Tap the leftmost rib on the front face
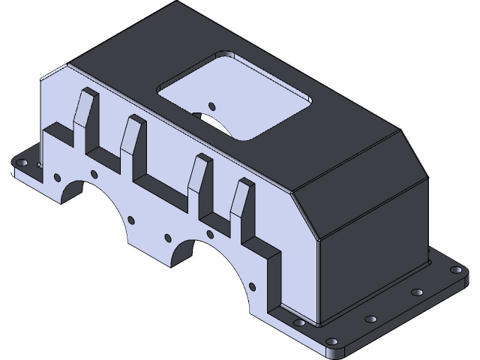click(83, 112)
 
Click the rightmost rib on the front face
click(240, 202)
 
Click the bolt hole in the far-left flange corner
click(21, 162)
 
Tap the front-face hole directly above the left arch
click(94, 174)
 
